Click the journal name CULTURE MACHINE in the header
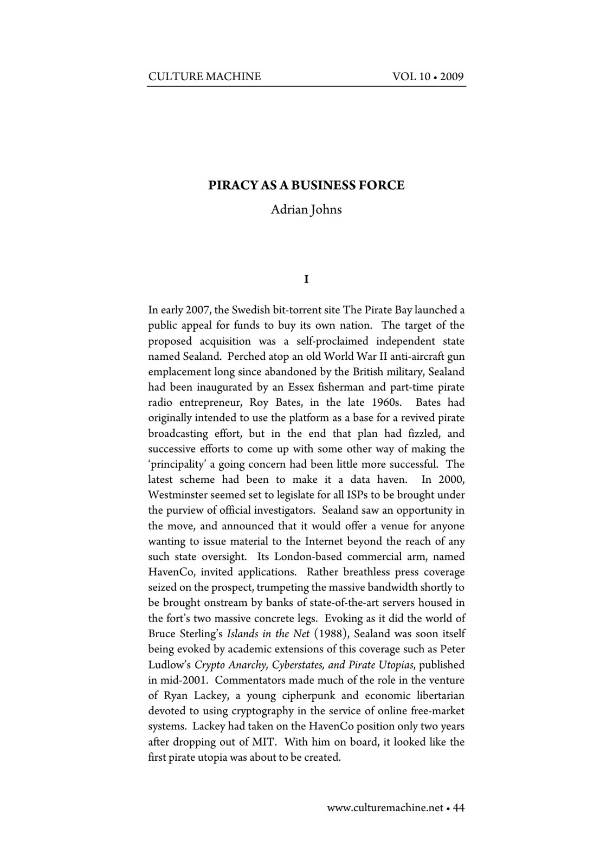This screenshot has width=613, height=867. (x=204, y=76)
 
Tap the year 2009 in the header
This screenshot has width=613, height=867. (x=452, y=76)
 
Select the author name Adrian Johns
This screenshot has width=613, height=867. (x=306, y=210)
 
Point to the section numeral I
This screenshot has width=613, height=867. (x=306, y=280)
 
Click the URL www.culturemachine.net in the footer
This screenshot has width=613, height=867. (x=385, y=808)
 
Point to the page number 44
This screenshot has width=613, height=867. (x=459, y=808)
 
